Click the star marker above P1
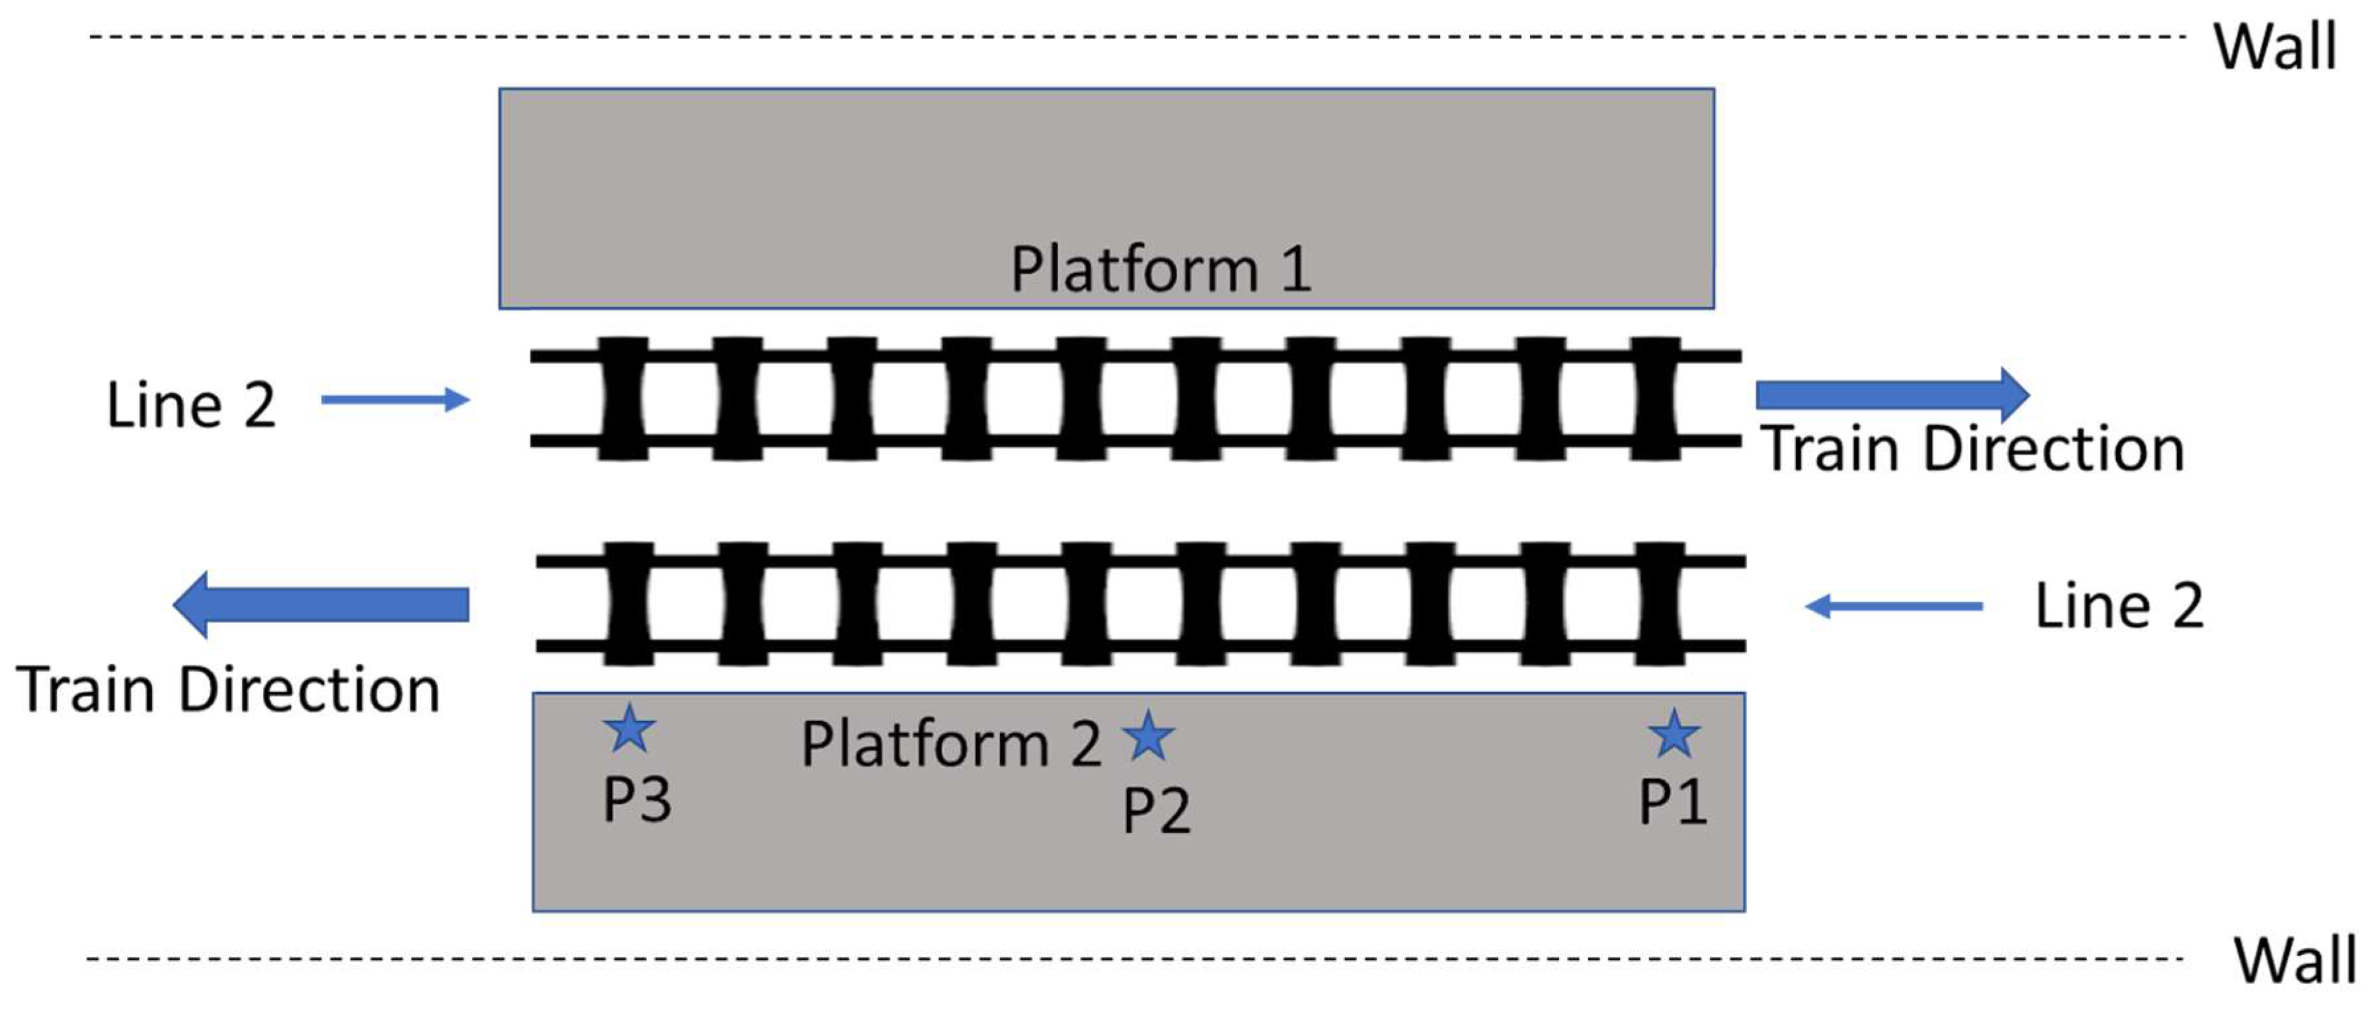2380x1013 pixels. coord(1673,734)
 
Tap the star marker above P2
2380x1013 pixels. coord(1149,736)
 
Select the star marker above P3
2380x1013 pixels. coord(629,729)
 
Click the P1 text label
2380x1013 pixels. coord(1672,802)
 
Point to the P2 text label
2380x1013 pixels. coord(1157,811)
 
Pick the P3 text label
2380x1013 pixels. coord(636,799)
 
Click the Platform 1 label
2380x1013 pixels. coord(1161,270)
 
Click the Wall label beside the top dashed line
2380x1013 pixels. coord(2275,46)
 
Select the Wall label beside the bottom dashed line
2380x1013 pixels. coord(2295,960)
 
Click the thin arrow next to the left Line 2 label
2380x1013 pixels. coord(395,400)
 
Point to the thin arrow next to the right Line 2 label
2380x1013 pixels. coord(1894,607)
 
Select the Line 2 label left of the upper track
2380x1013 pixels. coord(191,404)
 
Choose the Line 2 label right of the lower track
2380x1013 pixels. coord(2118,607)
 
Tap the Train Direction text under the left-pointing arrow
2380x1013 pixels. coord(227,690)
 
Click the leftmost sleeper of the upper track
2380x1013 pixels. coord(624,399)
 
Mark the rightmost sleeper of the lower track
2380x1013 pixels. coord(1660,604)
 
